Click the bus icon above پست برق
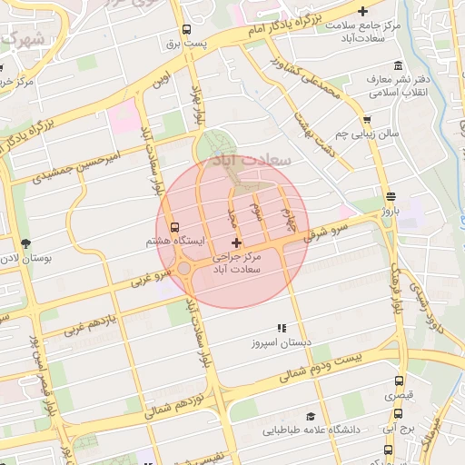[186, 29]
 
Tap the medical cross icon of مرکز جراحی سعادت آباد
[237, 242]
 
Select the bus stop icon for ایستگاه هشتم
[174, 228]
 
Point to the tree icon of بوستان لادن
[25, 243]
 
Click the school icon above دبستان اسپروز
[281, 328]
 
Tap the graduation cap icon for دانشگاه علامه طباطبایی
[312, 414]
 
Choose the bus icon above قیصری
[398, 381]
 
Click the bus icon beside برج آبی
[389, 448]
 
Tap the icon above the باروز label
[391, 196]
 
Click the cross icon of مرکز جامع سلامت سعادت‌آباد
[363, 12]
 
